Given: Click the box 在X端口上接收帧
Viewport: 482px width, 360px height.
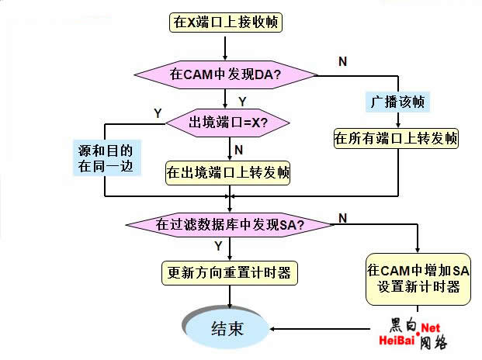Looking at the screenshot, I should click(225, 22).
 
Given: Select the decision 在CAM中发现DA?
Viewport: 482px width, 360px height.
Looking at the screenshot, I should click(225, 75).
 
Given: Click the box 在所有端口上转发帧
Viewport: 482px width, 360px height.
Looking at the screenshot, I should click(397, 139).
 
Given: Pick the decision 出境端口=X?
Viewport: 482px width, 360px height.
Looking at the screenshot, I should click(228, 122).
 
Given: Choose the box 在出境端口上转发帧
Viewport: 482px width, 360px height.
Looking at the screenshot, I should click(228, 172).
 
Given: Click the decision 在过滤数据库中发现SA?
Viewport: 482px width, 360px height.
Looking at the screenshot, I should click(230, 224).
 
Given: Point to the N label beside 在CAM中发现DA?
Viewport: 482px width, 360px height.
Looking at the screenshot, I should click(342, 61).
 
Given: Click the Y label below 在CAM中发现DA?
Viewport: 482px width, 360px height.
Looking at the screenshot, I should click(242, 102).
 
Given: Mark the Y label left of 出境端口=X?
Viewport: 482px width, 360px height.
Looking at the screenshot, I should click(158, 113).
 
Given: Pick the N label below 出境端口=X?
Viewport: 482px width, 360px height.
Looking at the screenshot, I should click(239, 148).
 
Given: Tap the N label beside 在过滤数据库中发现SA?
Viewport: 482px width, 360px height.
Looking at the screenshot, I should click(342, 219).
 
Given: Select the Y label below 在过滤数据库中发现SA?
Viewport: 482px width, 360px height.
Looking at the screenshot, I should click(218, 246).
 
